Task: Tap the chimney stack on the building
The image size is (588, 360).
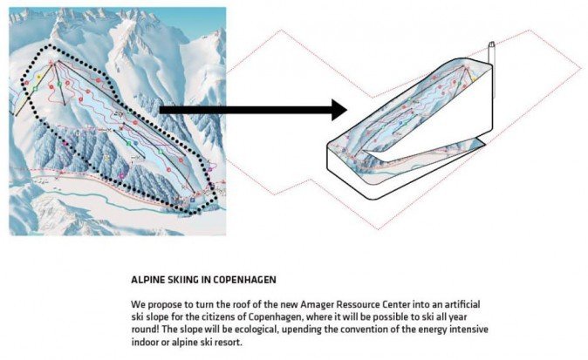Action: pyautogui.click(x=491, y=54)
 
